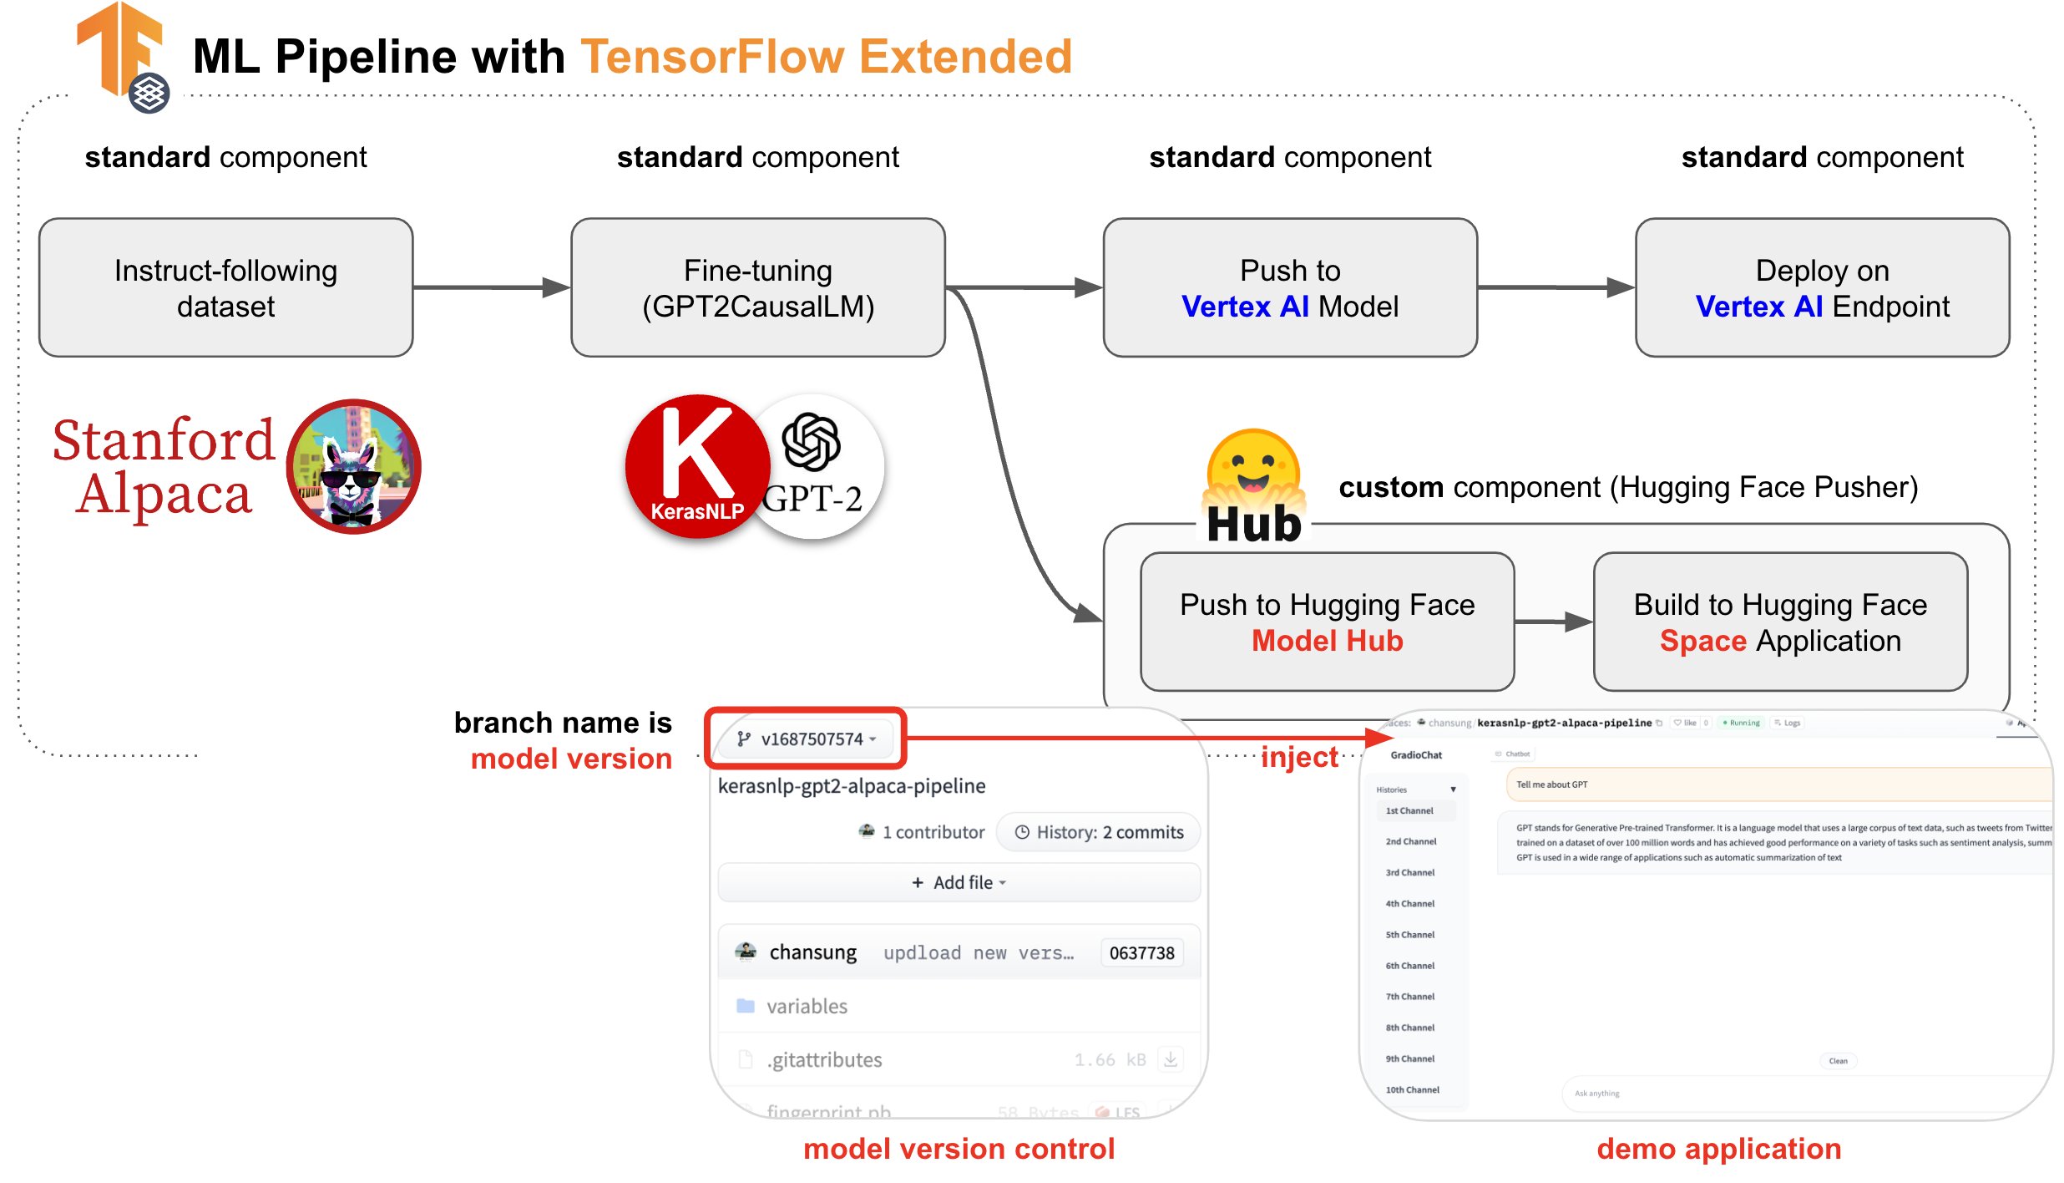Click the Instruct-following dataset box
pyautogui.click(x=225, y=287)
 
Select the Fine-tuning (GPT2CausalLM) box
pyautogui.click(x=757, y=287)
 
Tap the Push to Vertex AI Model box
pyautogui.click(x=1289, y=287)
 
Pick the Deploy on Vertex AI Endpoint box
pyautogui.click(x=1822, y=287)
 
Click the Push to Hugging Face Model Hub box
pyautogui.click(x=1327, y=622)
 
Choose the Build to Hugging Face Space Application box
pyautogui.click(x=1780, y=622)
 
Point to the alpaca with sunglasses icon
pyautogui.click(x=353, y=466)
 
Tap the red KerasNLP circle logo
pyautogui.click(x=696, y=466)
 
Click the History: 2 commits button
pyautogui.click(x=1099, y=832)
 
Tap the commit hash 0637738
pyautogui.click(x=1141, y=952)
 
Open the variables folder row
pyautogui.click(x=806, y=1006)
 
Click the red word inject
pyautogui.click(x=1298, y=757)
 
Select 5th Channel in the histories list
pyautogui.click(x=1409, y=934)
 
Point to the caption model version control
pyautogui.click(x=959, y=1149)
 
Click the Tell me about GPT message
pyautogui.click(x=1551, y=784)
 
